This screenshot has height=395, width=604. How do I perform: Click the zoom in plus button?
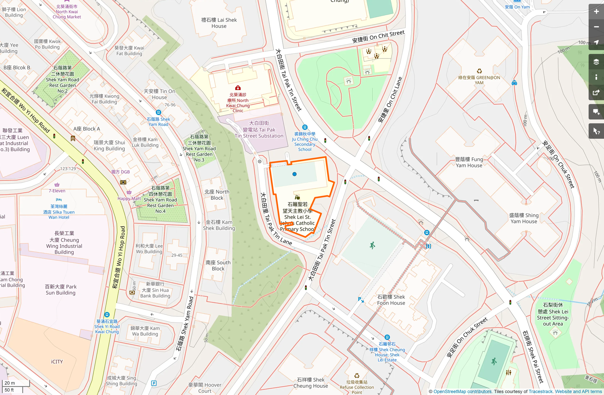click(596, 12)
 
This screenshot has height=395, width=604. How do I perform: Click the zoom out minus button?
click(596, 27)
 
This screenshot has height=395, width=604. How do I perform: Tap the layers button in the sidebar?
click(596, 62)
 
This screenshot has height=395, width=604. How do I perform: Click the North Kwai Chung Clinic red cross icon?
click(238, 88)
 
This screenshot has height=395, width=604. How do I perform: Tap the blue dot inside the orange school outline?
click(294, 174)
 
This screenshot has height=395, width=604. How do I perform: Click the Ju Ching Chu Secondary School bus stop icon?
click(305, 127)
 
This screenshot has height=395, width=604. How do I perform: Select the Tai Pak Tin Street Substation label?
click(259, 129)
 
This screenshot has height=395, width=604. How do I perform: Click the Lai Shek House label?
click(219, 23)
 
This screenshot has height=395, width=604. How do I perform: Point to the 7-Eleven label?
click(57, 191)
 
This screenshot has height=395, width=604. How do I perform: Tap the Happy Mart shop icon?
click(129, 192)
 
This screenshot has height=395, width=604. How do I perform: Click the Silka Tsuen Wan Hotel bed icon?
click(59, 200)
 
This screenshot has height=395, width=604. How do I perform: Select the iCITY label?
click(57, 362)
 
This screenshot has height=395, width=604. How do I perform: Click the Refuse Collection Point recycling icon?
click(357, 375)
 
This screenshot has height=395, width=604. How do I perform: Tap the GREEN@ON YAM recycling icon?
click(479, 71)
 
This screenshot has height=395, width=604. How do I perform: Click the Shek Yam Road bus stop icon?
click(158, 112)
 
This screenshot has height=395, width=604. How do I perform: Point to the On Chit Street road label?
click(378, 37)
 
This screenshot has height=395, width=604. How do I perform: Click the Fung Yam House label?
click(469, 162)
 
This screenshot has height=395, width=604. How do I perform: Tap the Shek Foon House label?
click(391, 300)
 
